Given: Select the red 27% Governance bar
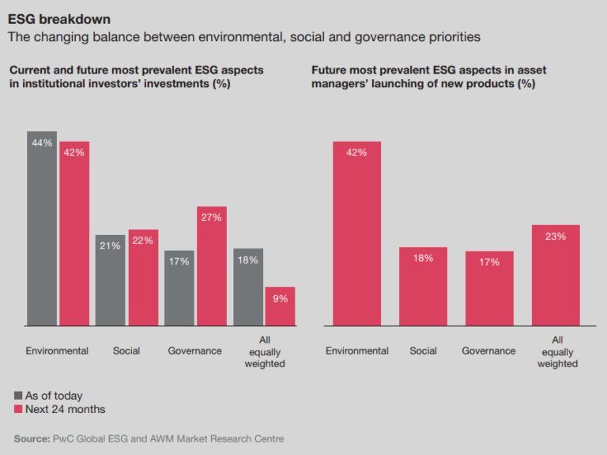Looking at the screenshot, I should (212, 266).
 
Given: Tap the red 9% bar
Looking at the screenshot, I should (280, 306).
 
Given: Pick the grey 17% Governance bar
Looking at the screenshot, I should (179, 288).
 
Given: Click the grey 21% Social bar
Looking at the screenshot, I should (111, 280).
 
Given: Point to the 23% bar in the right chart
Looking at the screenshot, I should (556, 275).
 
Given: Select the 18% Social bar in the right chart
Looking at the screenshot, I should (423, 286).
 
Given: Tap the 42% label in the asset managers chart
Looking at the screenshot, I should (356, 153).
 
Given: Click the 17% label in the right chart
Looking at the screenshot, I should (489, 262).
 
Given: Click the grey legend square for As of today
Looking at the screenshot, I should (18, 396).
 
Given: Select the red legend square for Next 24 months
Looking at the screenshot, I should (18, 409).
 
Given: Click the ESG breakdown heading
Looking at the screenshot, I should (59, 18).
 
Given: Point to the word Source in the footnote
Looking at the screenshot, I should (32, 438).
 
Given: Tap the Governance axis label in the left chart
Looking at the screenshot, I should (194, 351).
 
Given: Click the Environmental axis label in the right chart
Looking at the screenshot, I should (356, 351).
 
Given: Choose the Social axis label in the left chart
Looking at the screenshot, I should (126, 351).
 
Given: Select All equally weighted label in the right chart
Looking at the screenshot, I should (557, 351).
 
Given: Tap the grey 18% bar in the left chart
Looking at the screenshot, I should (248, 286).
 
